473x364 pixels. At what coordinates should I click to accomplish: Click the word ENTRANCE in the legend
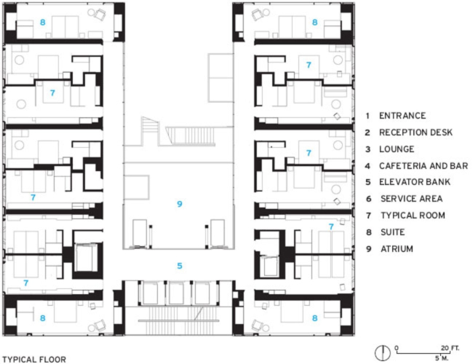tap(402, 115)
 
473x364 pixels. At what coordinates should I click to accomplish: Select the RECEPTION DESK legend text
tap(416, 132)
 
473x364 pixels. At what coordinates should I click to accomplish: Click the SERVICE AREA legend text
tap(410, 199)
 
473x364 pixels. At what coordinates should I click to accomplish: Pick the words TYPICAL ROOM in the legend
tap(411, 215)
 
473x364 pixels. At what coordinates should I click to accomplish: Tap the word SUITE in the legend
tap(393, 232)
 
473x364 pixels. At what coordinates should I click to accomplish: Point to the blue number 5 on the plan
tap(179, 266)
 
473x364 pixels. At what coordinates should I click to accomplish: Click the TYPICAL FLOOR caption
tap(34, 359)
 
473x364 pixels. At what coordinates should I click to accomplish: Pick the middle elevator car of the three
tap(179, 293)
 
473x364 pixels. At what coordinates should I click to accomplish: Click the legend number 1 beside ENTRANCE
tap(368, 115)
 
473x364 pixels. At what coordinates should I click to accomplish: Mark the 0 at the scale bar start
tap(397, 348)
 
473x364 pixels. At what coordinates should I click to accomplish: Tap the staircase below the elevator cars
tap(179, 318)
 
